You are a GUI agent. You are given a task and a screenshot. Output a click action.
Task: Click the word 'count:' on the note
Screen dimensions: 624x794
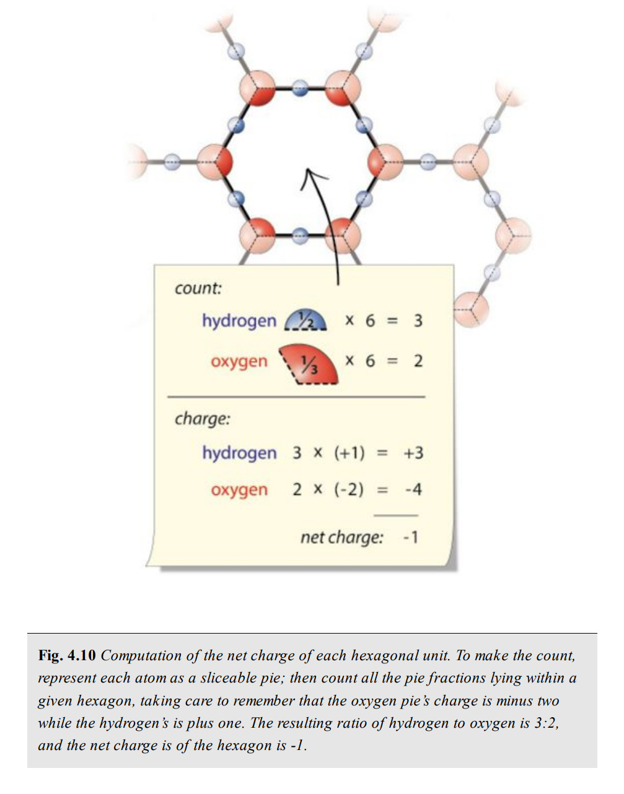tap(198, 288)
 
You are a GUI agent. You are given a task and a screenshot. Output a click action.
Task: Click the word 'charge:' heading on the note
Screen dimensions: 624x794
tap(202, 418)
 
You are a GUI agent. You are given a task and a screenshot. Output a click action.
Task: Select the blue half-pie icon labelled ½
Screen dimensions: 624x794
tap(305, 321)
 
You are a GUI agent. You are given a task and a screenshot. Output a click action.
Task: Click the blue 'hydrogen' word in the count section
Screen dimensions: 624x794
tap(239, 321)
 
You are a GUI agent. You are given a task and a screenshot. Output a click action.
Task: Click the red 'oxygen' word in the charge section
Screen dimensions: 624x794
tap(239, 490)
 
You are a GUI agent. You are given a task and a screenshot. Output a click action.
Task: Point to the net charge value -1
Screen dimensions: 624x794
tap(410, 537)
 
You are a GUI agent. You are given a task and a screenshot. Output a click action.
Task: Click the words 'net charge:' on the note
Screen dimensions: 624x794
tap(341, 537)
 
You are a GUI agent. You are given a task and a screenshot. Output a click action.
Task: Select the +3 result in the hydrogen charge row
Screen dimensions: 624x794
tap(413, 453)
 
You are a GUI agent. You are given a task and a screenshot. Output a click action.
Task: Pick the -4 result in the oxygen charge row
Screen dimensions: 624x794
tap(413, 490)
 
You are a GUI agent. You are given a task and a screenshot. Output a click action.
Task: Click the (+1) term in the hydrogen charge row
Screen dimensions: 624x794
tap(349, 453)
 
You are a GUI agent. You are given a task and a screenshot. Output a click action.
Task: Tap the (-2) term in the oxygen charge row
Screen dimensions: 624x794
tap(349, 490)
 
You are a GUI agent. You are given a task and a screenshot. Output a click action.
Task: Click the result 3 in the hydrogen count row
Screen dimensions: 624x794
tap(418, 321)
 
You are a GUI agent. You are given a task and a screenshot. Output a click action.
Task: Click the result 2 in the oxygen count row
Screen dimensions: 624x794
tap(418, 360)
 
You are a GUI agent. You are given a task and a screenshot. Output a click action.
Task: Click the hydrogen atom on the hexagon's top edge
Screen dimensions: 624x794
tap(300, 88)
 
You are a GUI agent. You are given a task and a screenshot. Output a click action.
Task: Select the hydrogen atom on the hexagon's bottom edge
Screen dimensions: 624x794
tap(300, 235)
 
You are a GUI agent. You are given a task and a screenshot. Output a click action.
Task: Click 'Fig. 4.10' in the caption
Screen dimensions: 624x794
tap(67, 655)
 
